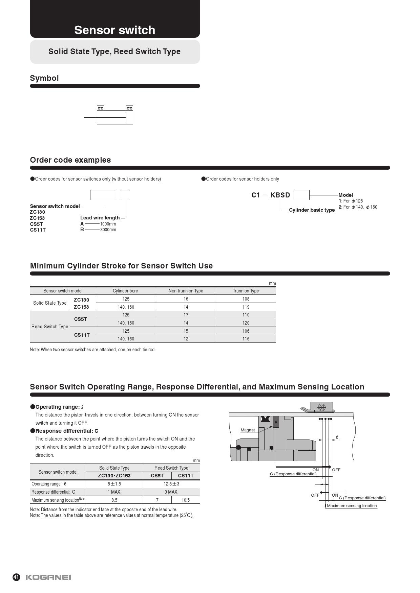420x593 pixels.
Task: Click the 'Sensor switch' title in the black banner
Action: [114, 30]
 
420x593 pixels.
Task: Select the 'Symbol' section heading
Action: [44, 78]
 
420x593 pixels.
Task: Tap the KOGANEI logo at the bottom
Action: [48, 577]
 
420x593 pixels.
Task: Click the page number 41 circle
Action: [16, 577]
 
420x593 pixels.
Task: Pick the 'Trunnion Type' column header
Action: [246, 291]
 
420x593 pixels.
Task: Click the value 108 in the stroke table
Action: [246, 299]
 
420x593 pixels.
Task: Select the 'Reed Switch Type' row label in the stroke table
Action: [50, 327]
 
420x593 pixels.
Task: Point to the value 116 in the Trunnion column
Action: [246, 339]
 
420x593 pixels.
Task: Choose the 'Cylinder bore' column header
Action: [125, 291]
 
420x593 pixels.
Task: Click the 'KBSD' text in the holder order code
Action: [280, 195]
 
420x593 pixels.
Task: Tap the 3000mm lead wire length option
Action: [108, 230]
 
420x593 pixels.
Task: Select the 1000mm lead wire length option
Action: [108, 224]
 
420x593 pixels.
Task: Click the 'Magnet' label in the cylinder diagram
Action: [248, 430]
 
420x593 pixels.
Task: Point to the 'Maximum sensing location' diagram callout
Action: [352, 506]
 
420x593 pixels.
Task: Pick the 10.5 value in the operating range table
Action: [186, 500]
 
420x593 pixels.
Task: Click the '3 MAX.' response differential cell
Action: [171, 492]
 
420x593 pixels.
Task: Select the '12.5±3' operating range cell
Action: [171, 484]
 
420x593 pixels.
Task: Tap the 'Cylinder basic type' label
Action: [312, 210]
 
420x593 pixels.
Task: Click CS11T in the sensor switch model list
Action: [38, 230]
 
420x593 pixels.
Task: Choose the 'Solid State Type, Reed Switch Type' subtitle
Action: [114, 51]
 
